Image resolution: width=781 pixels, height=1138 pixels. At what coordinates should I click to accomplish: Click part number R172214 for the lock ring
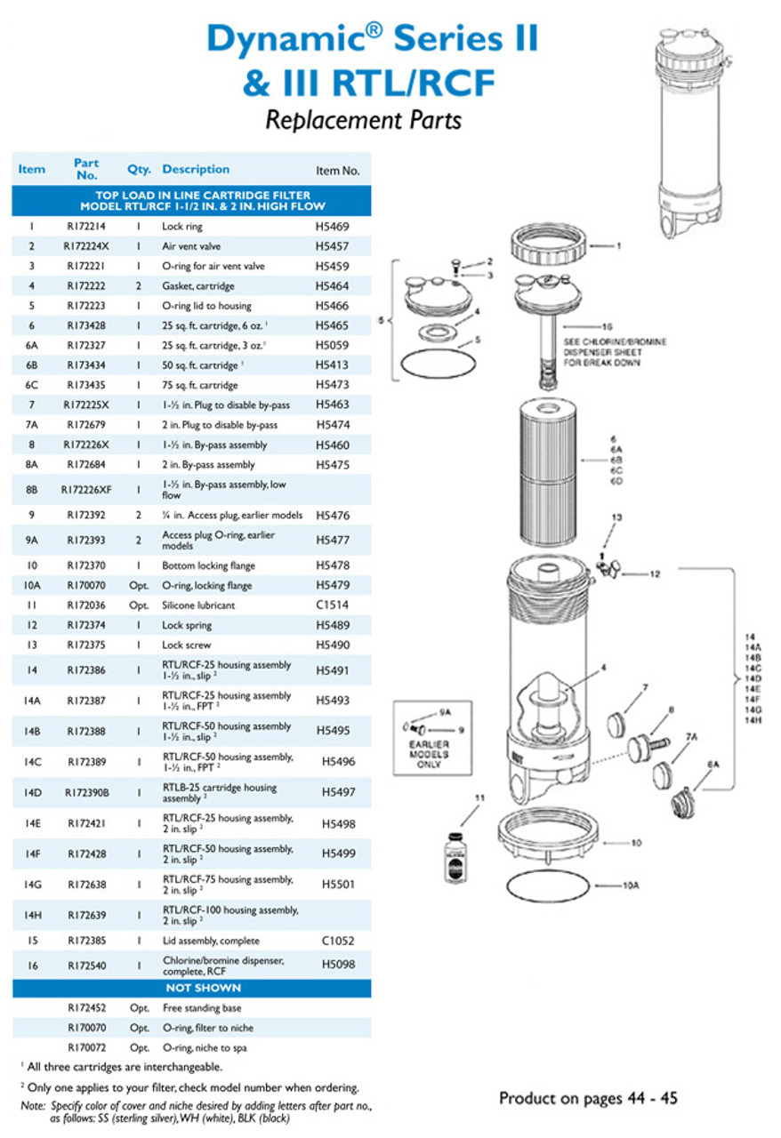point(86,227)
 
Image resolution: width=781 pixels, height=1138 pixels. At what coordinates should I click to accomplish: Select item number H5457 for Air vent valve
point(332,246)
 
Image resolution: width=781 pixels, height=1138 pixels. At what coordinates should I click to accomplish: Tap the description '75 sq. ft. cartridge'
point(199,385)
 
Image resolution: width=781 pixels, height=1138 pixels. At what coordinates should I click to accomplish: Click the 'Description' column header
point(196,169)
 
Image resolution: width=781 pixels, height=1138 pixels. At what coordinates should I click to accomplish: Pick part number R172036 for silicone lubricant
point(86,605)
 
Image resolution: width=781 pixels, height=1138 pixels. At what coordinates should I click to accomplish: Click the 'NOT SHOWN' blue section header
point(192,988)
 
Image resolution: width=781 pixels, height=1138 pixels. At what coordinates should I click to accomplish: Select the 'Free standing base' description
point(202,1008)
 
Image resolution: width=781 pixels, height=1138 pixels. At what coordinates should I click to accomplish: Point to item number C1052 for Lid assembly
point(332,941)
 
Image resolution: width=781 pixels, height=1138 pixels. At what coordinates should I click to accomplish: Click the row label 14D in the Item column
point(32,792)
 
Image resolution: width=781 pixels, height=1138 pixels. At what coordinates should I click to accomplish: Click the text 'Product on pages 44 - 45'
point(588,1098)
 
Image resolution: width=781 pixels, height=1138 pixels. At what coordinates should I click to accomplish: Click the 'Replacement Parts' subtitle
point(363,119)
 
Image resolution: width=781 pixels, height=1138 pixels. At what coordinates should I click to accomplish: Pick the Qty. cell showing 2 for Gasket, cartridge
point(139,286)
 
